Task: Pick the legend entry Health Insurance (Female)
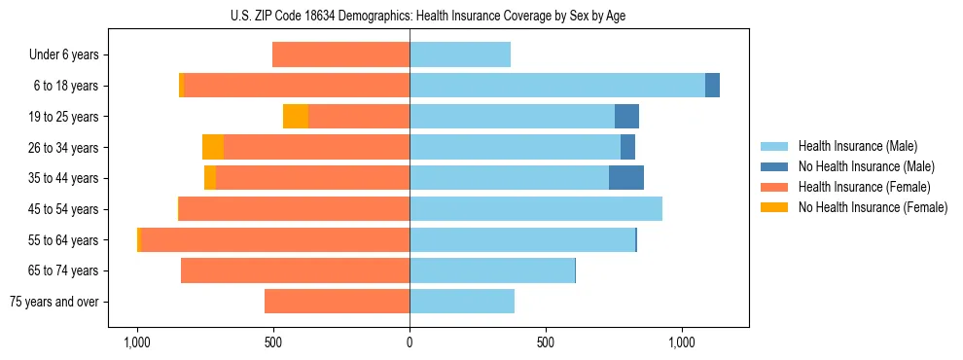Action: (x=864, y=187)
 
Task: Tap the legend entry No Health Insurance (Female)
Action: (x=872, y=207)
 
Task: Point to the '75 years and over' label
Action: (x=53, y=302)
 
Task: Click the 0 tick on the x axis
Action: (x=410, y=343)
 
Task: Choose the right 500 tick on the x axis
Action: (x=546, y=343)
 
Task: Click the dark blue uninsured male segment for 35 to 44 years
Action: (x=626, y=178)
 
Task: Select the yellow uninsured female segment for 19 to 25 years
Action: (x=296, y=117)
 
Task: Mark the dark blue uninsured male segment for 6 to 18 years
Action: (x=712, y=86)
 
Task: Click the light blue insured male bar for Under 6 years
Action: (x=460, y=55)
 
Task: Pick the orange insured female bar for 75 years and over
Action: (x=337, y=302)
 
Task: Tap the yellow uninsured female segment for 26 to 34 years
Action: (x=213, y=147)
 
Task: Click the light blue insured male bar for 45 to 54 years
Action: (x=536, y=209)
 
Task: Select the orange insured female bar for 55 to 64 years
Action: (x=275, y=240)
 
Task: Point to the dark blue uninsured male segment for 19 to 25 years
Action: (x=626, y=117)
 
